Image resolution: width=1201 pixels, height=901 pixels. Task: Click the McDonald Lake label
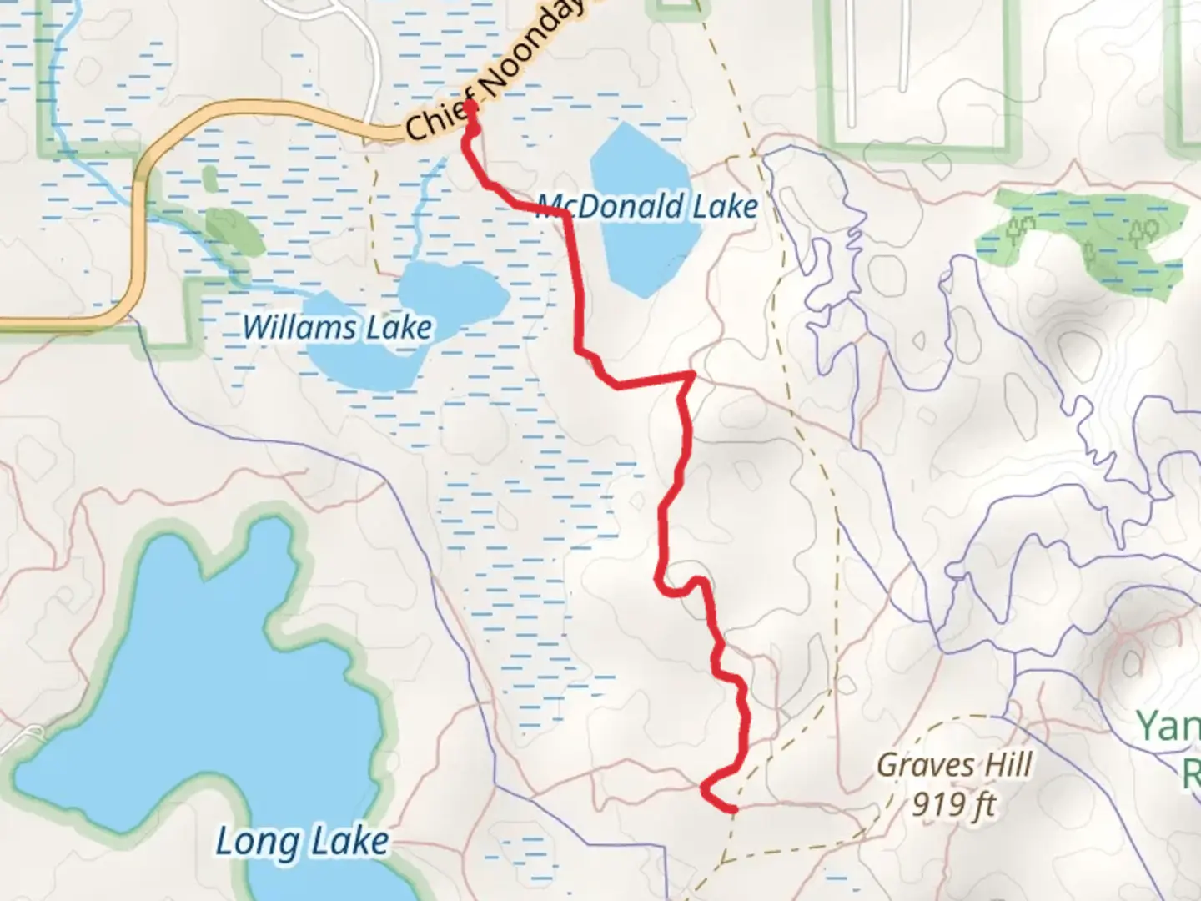pos(647,205)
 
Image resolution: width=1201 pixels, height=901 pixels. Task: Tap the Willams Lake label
pos(337,327)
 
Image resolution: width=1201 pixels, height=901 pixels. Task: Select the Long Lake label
pos(302,841)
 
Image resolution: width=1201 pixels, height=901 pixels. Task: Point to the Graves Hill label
pos(954,764)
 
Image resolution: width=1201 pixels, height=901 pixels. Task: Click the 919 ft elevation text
pos(954,804)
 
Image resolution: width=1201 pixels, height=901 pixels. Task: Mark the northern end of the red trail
pos(470,105)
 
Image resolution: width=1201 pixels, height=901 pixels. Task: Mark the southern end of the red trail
pos(732,808)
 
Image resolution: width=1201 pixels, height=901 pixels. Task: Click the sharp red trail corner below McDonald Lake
pos(691,375)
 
